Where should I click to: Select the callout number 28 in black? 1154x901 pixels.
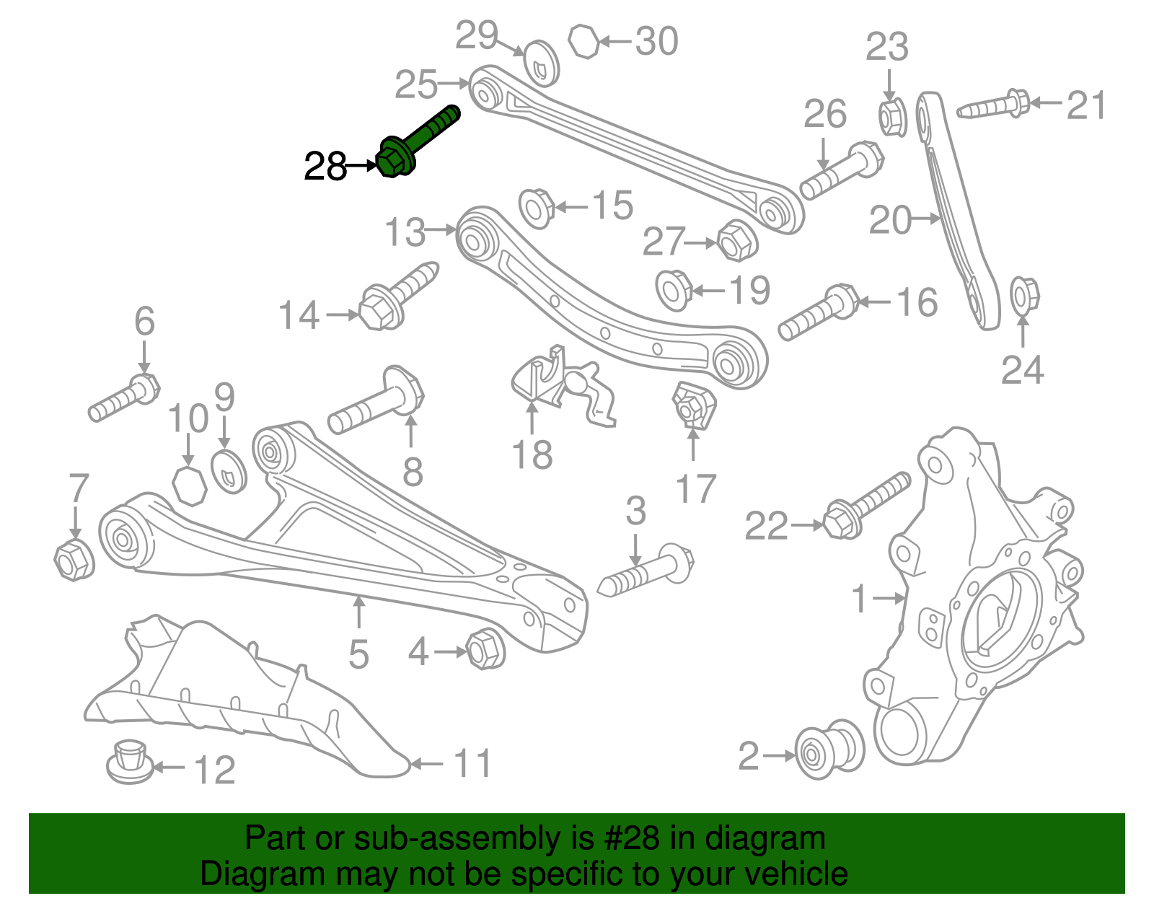325,167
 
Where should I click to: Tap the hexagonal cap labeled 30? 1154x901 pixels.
583,41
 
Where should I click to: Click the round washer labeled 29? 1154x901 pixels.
540,64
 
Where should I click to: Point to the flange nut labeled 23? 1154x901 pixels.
893,118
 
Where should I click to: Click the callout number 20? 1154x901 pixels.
889,220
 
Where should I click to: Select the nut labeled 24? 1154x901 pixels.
1023,295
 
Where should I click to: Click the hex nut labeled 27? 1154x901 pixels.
736,240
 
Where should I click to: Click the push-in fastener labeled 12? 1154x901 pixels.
130,761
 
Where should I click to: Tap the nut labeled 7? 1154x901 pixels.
74,560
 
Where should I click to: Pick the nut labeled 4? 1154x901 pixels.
485,649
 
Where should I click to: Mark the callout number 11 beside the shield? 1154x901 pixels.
473,763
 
